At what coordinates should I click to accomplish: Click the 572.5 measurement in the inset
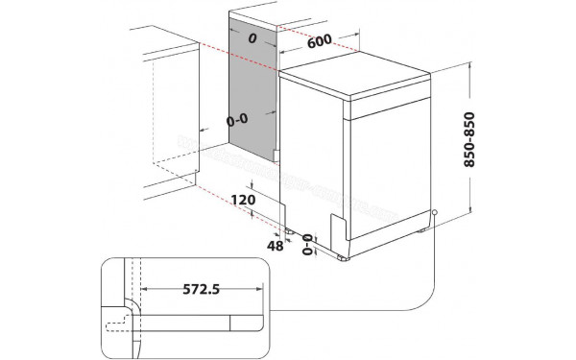199,289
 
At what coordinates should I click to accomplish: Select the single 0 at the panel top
252,39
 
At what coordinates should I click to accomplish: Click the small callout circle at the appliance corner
434,213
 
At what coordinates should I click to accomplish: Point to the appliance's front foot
343,257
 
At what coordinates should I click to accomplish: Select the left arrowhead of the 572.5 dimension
144,288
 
